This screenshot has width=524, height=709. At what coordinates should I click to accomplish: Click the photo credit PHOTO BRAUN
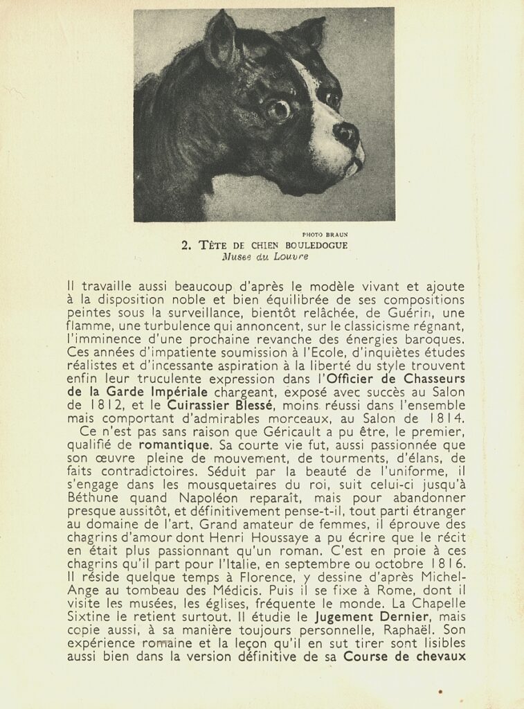click(325, 234)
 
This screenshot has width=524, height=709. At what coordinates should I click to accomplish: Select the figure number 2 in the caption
click(185, 245)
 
